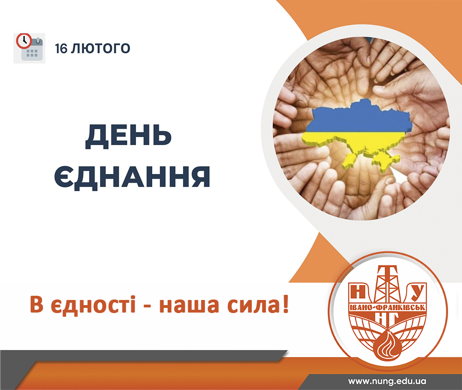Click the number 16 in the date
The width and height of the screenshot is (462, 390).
click(x=61, y=49)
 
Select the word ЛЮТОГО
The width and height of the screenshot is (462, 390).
click(x=101, y=49)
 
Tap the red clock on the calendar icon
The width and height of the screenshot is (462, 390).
click(x=24, y=41)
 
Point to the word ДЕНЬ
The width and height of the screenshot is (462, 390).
click(x=129, y=136)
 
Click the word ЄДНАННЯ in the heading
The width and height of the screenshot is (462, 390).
click(x=132, y=176)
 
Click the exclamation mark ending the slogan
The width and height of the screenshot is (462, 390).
click(x=285, y=304)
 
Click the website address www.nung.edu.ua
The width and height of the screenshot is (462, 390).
click(x=387, y=381)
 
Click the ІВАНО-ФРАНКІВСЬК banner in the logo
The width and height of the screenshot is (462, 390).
click(x=387, y=307)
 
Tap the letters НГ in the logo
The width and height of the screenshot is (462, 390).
click(x=388, y=319)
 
